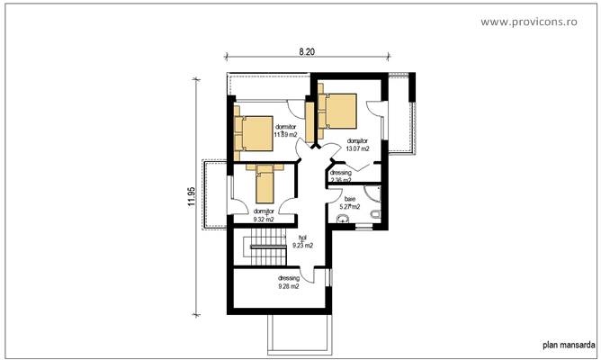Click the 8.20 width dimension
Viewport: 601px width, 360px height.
click(307, 53)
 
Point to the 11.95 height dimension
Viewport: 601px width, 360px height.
click(191, 197)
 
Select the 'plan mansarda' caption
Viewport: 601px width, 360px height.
click(567, 344)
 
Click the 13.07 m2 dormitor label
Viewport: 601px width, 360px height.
click(357, 145)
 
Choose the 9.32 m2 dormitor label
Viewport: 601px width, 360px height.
click(263, 215)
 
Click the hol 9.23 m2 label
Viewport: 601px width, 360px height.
click(304, 242)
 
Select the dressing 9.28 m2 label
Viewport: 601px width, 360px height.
click(288, 283)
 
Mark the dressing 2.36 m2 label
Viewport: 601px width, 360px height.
click(341, 175)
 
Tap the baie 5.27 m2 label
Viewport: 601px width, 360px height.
click(349, 202)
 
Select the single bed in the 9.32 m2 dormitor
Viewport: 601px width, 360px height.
click(265, 184)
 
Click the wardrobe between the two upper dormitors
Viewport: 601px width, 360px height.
click(310, 122)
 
